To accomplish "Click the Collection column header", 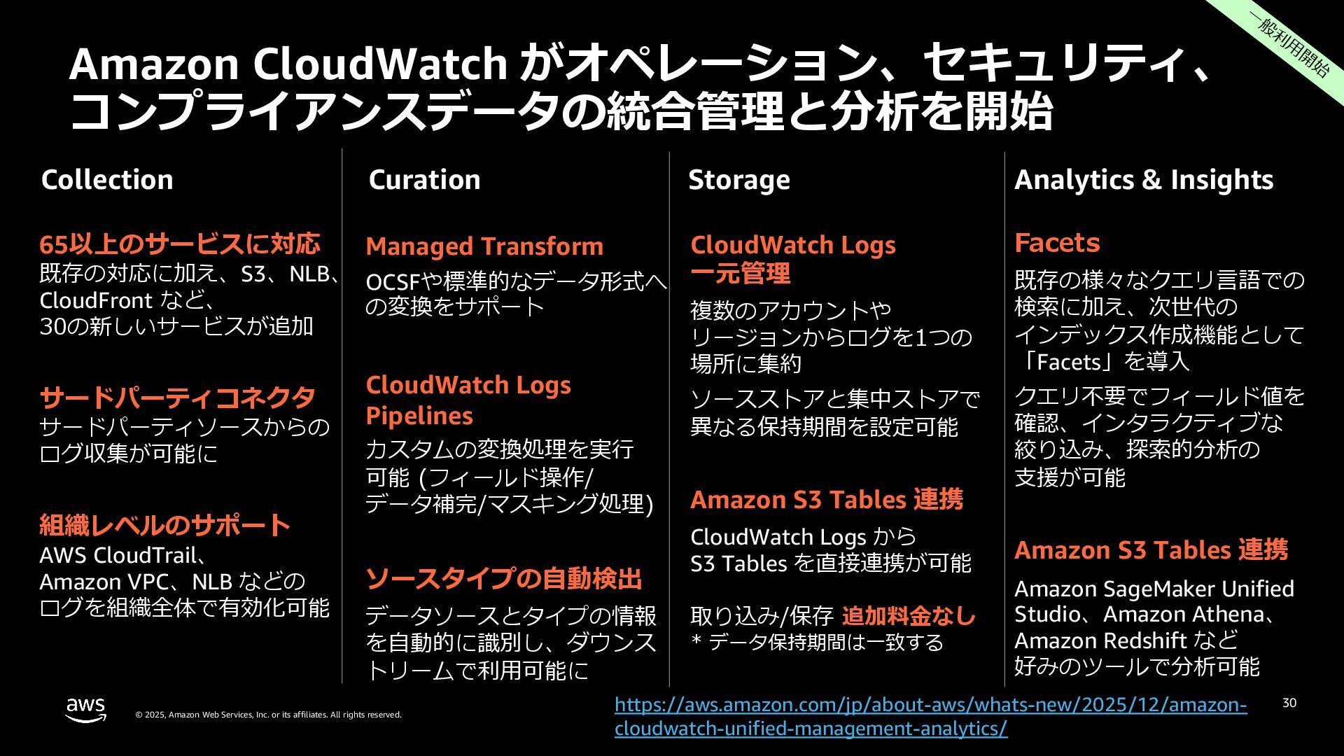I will tap(107, 180).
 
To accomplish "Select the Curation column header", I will tap(424, 180).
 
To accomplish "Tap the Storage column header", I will tap(738, 180).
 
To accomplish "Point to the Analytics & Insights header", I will tap(1144, 180).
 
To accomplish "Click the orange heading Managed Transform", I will tap(484, 246).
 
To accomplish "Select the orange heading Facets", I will tap(1057, 243).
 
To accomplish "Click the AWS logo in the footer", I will tap(86, 709).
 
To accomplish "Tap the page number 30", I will tap(1289, 703).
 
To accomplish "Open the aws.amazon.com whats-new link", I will tap(930, 716).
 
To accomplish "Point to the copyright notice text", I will tap(268, 715).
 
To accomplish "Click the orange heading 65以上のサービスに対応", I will tap(180, 244).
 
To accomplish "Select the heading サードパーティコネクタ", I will tap(178, 398).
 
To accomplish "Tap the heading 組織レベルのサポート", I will tap(165, 525).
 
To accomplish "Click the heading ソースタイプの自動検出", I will tap(504, 579).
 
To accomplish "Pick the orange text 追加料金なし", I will tap(909, 616).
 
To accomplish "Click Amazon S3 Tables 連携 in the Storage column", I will tap(827, 500).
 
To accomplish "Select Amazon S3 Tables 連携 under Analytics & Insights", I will tap(1151, 550).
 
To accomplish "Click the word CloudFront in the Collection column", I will tap(96, 300).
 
